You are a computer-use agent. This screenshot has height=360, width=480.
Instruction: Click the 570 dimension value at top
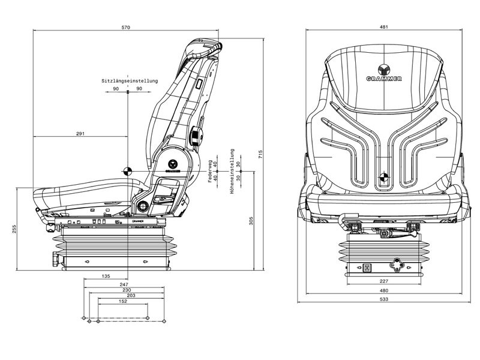[x=126, y=27]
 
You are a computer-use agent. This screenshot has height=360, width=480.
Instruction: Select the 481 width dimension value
[x=384, y=27]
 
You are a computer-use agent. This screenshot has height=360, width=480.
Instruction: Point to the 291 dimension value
[x=80, y=133]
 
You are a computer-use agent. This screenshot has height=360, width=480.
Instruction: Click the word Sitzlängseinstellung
[x=129, y=80]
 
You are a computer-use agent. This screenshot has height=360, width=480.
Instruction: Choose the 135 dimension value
[x=105, y=277]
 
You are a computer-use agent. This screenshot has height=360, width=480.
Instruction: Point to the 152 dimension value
[x=122, y=302]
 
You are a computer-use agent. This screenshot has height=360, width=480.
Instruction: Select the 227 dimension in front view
[x=384, y=281]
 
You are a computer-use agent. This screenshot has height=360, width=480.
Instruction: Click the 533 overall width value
[x=384, y=299]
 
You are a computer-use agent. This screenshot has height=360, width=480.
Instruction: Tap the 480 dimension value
[x=384, y=290]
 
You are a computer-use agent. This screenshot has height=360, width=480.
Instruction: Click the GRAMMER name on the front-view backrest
[x=384, y=79]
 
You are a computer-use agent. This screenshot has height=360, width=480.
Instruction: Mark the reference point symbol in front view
[x=384, y=178]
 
